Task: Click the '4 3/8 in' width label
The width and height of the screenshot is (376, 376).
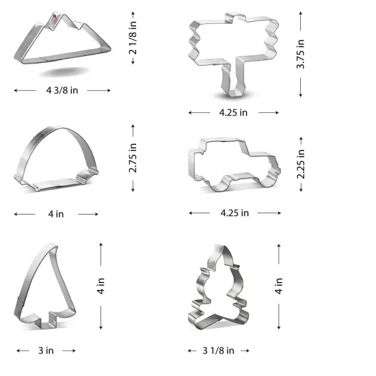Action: pyautogui.click(x=62, y=90)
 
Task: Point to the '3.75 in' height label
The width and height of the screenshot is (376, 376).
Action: pyautogui.click(x=301, y=55)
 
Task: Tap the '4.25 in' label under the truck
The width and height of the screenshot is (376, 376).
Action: pyautogui.click(x=234, y=213)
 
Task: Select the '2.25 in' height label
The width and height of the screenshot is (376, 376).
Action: pyautogui.click(x=300, y=165)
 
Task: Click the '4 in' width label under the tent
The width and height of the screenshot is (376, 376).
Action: pyautogui.click(x=56, y=214)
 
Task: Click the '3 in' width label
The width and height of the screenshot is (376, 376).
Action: pyautogui.click(x=46, y=351)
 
